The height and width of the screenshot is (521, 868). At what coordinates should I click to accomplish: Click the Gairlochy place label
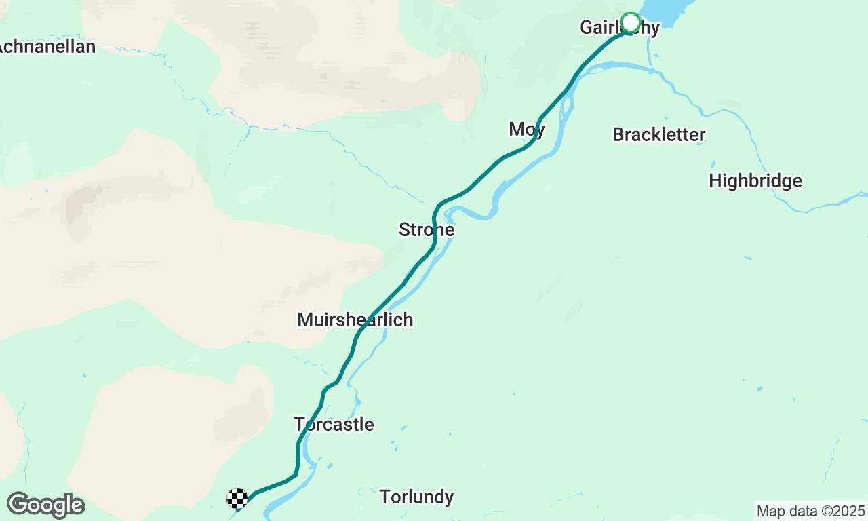619,28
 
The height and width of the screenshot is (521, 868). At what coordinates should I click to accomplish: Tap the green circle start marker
631,22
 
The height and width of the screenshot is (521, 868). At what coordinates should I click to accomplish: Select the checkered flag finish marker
237,499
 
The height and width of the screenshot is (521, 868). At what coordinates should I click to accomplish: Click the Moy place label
527,129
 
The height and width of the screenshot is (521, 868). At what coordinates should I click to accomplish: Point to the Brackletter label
658,134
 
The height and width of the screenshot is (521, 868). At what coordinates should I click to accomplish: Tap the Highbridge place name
755,181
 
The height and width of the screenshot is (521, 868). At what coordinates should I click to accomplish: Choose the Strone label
426,230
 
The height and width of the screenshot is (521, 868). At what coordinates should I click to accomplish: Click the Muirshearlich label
355,320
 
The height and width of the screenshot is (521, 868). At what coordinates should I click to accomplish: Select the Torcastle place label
334,425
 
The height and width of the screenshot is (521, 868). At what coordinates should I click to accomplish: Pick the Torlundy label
416,497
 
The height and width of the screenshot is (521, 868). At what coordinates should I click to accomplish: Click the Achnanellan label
47,47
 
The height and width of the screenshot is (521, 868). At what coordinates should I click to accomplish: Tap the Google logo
45,505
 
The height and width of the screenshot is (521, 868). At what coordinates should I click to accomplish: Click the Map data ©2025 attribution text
810,511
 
